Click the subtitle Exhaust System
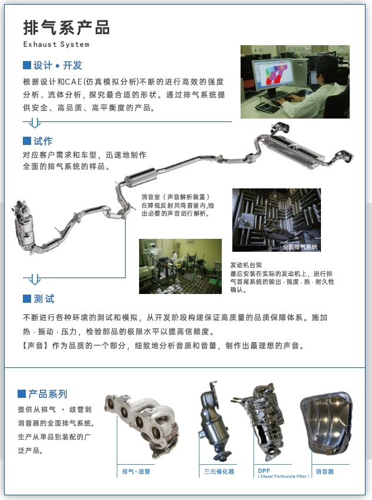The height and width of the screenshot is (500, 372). pos(56,44)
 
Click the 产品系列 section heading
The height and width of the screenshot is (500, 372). pos(48,394)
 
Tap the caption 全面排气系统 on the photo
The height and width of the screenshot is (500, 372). pos(299,247)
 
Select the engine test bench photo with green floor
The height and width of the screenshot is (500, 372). pos(180,266)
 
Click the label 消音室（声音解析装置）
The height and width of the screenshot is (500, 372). pos(175,197)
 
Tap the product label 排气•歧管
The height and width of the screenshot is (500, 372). pos(136,471)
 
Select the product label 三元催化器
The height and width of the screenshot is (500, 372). pos(219,471)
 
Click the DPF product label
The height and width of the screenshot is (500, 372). pos(264,470)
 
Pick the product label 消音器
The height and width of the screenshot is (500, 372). pos(324,471)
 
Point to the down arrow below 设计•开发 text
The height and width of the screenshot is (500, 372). pos(35,123)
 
